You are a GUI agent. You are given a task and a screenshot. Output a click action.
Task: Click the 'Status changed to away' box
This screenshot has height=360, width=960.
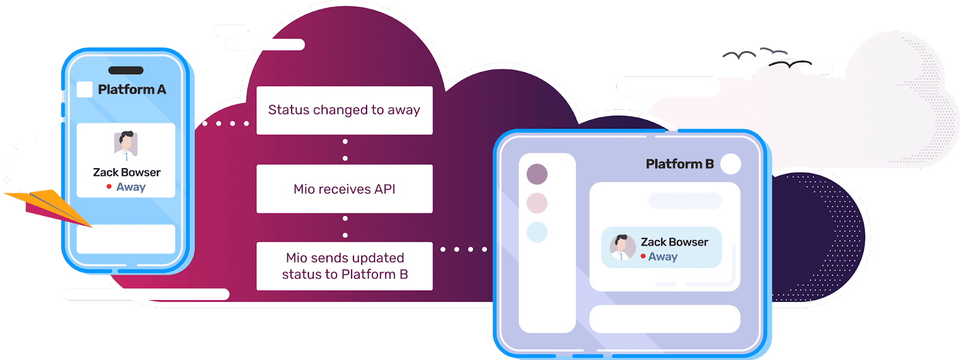(x=344, y=110)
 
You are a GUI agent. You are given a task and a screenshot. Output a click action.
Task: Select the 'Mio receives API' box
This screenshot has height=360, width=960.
(x=344, y=189)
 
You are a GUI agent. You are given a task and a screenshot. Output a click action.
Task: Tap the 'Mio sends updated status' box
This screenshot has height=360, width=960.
(x=344, y=266)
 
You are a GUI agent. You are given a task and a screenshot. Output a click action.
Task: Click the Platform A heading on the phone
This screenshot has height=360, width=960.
(x=131, y=89)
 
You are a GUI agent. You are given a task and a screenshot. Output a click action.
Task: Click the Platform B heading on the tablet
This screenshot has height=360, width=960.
(x=679, y=164)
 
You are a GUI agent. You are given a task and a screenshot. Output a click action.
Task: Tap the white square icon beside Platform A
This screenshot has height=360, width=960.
(x=85, y=89)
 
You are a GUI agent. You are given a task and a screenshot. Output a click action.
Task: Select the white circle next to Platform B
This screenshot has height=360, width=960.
(x=730, y=164)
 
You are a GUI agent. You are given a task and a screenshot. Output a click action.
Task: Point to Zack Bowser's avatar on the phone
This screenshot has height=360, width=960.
(x=126, y=145)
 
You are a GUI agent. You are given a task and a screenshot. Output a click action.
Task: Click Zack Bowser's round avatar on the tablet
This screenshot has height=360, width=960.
(x=622, y=247)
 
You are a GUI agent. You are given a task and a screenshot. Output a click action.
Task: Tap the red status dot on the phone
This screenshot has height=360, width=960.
(x=109, y=187)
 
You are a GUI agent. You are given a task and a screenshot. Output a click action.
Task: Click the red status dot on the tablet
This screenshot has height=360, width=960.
(x=643, y=256)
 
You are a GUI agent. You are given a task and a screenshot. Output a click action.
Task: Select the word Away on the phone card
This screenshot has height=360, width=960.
(x=131, y=187)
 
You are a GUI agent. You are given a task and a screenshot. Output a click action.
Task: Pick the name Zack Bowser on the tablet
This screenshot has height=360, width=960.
(x=674, y=242)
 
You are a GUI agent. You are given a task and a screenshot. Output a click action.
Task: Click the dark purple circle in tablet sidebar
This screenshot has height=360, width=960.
(x=537, y=174)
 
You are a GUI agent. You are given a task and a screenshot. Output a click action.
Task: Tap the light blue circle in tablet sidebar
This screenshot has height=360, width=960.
(x=537, y=232)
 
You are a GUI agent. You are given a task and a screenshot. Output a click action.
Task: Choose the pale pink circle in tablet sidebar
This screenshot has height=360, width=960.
(x=537, y=203)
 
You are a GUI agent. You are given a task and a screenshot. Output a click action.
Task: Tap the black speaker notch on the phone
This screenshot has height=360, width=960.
(x=125, y=70)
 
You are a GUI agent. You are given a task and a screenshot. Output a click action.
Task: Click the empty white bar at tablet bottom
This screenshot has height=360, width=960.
(x=665, y=319)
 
